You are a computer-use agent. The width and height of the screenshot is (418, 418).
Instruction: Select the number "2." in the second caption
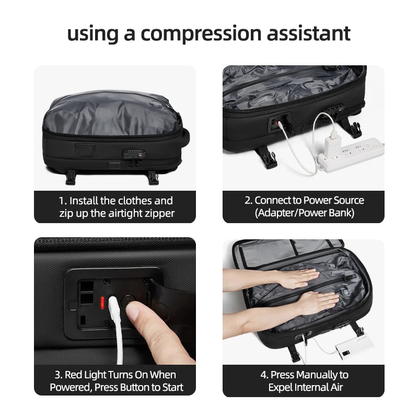click(x=248, y=200)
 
